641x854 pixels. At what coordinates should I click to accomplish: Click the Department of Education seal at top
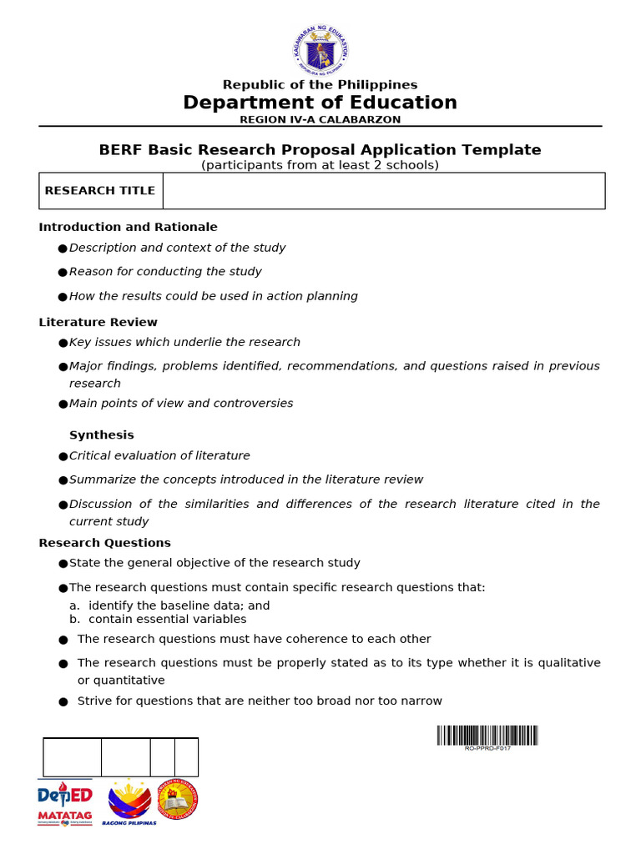click(x=320, y=49)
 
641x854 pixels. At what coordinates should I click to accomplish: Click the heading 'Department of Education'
click(x=320, y=103)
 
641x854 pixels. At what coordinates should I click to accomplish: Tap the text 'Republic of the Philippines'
click(x=320, y=85)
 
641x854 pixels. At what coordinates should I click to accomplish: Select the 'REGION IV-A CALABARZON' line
click(x=320, y=120)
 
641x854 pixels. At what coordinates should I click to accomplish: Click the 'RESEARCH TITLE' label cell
click(x=100, y=191)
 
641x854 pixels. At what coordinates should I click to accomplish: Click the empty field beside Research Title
click(x=383, y=191)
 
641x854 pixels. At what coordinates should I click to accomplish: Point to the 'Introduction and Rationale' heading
click(x=128, y=227)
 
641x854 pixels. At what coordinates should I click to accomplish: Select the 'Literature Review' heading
click(x=98, y=323)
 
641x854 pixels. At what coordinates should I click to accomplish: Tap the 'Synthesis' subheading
click(x=101, y=435)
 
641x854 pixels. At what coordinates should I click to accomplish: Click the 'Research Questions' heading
click(x=104, y=543)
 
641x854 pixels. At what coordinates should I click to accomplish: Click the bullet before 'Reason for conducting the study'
click(x=63, y=273)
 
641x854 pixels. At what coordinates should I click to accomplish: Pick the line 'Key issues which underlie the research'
click(x=184, y=343)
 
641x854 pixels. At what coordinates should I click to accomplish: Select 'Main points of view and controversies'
click(x=181, y=404)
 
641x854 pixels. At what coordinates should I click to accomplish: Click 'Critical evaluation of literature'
click(x=159, y=456)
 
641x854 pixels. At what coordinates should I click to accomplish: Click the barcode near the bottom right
click(x=487, y=736)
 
